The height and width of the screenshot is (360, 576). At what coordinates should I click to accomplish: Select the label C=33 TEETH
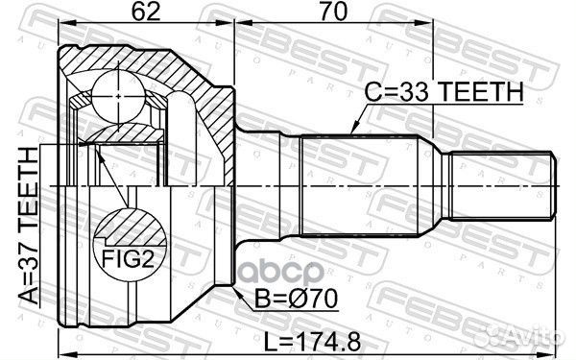pos(444,93)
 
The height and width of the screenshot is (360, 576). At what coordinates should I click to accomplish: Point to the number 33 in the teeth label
pos(414,93)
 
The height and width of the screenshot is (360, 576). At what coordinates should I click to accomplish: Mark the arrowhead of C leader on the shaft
pos(352,131)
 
